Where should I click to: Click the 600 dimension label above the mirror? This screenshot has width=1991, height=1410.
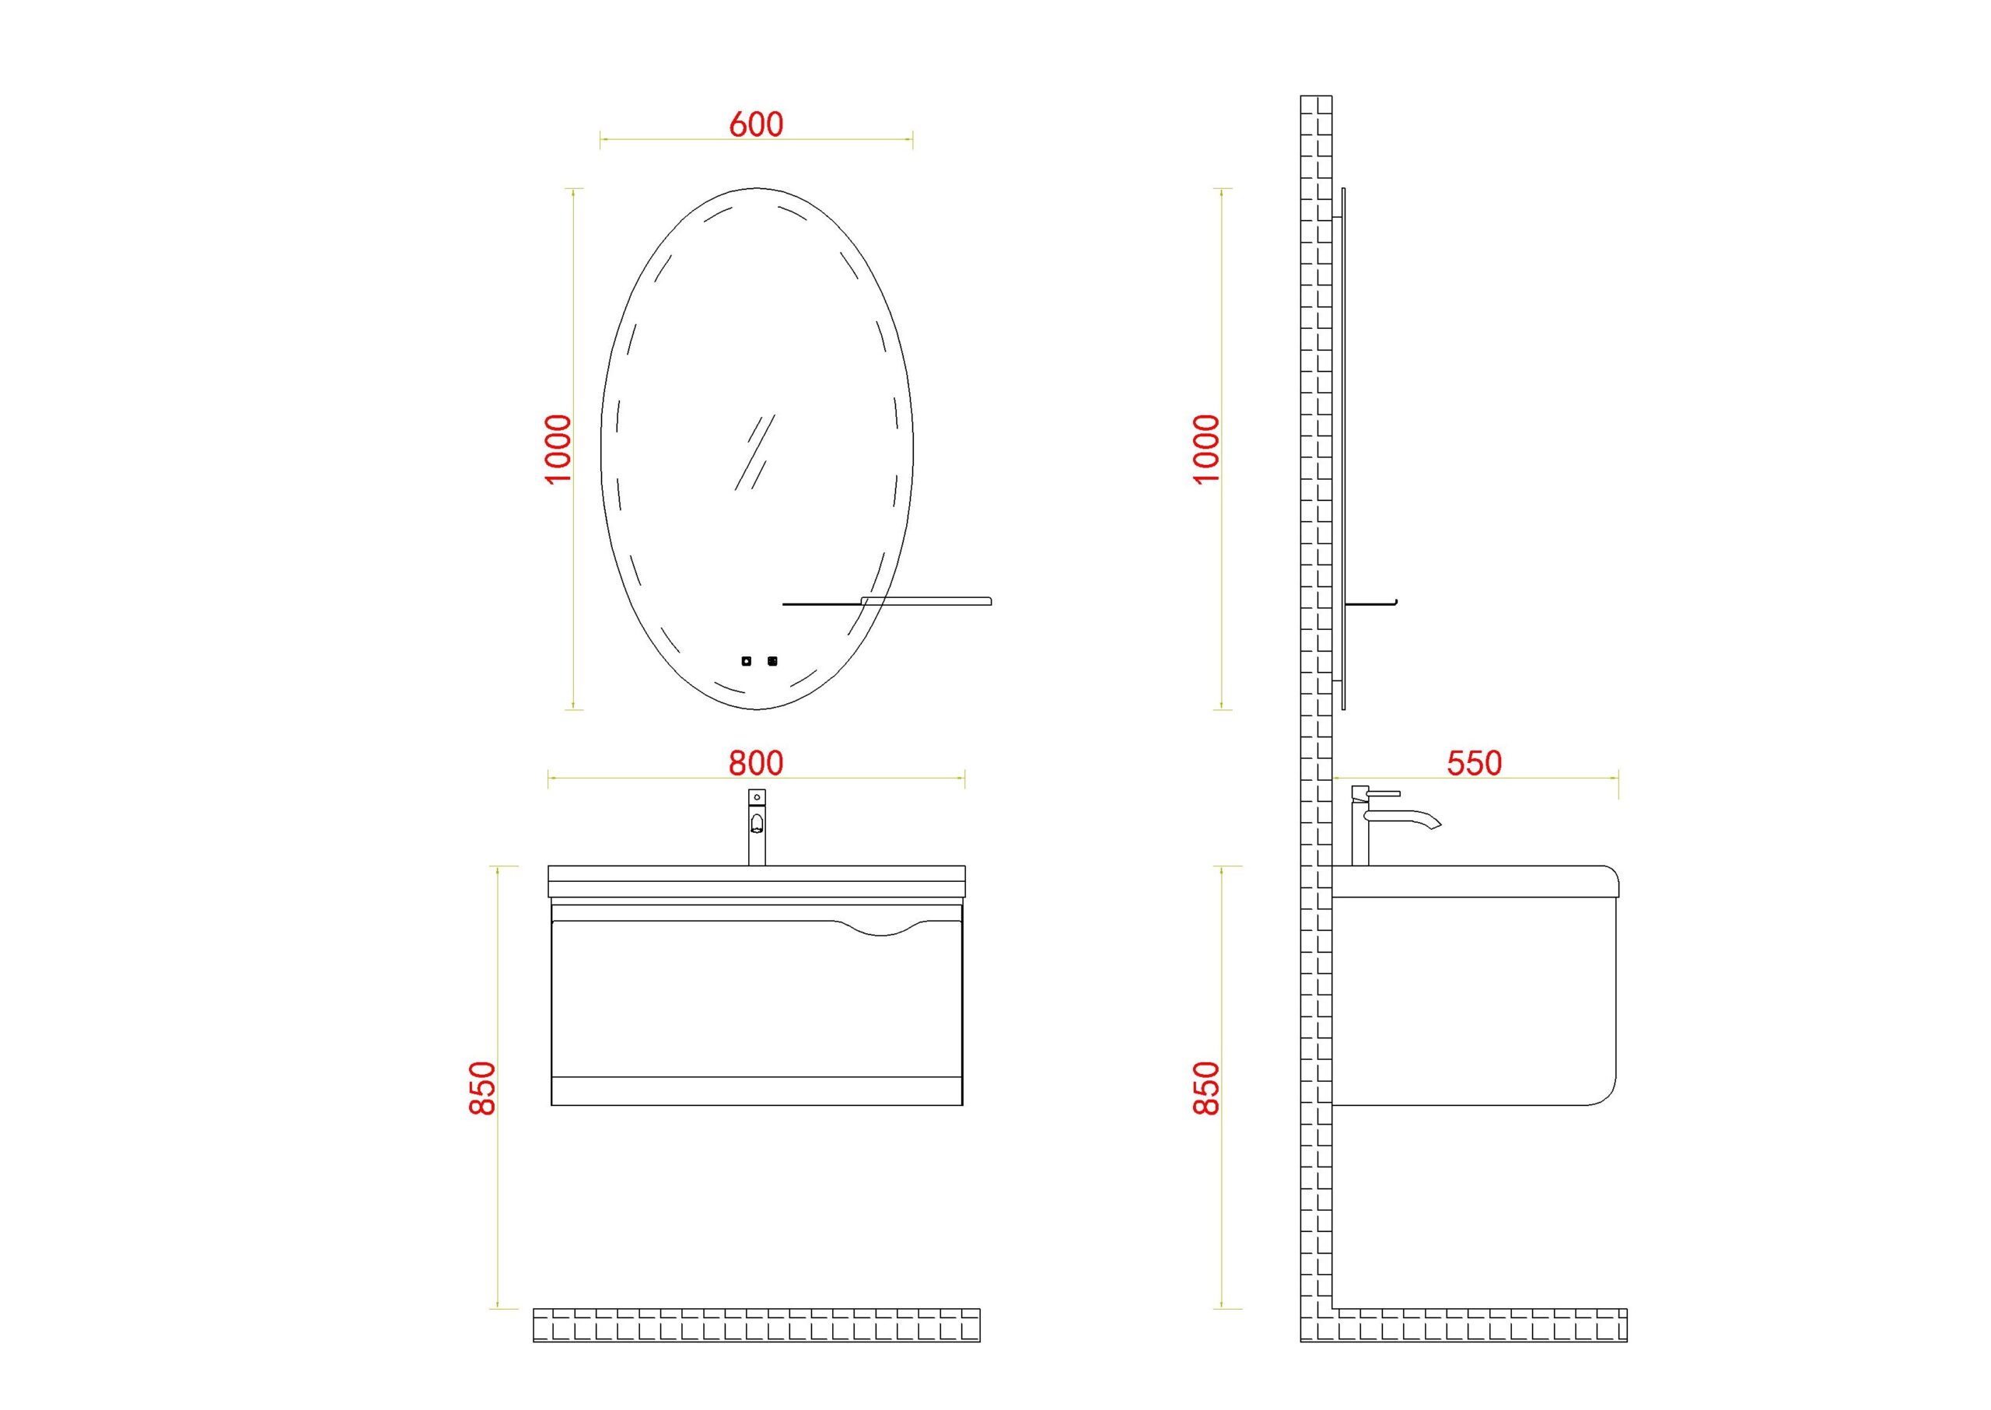coord(755,124)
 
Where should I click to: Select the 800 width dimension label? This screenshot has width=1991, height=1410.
coord(755,762)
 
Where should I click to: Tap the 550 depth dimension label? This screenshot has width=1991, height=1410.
coord(1474,762)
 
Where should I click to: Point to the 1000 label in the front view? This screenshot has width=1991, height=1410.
coord(558,449)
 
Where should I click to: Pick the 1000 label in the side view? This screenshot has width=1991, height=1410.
coord(1206,449)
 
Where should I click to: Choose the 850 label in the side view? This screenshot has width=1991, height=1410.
coord(1206,1088)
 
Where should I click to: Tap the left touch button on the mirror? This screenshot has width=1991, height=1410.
coord(746,662)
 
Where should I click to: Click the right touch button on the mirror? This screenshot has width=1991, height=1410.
coord(772,662)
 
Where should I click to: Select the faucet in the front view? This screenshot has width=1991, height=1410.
coord(756,827)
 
